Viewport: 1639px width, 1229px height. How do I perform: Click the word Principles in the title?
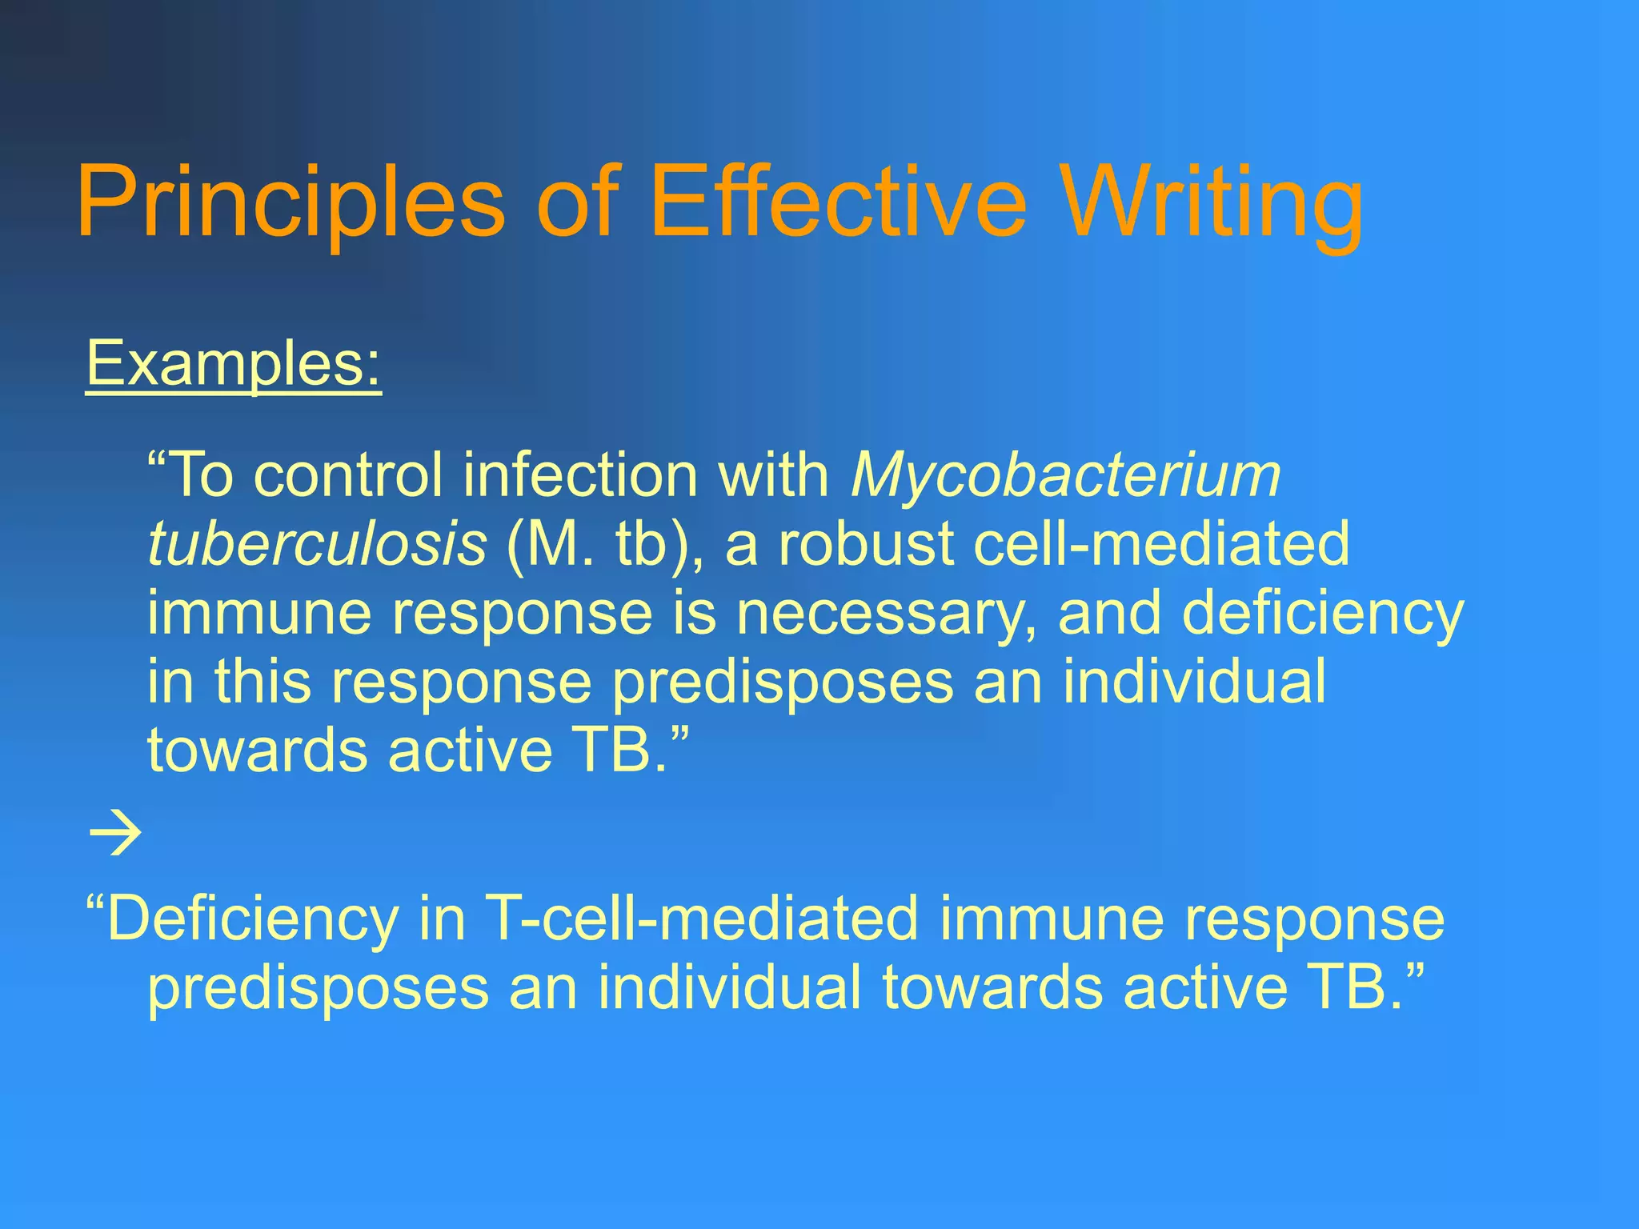pyautogui.click(x=291, y=202)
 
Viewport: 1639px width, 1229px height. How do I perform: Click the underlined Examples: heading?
pyautogui.click(x=233, y=364)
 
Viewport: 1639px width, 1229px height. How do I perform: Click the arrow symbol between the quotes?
pyautogui.click(x=115, y=834)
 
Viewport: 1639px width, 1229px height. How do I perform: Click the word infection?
pyautogui.click(x=580, y=475)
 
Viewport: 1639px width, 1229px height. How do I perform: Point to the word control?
pyautogui.click(x=347, y=475)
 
